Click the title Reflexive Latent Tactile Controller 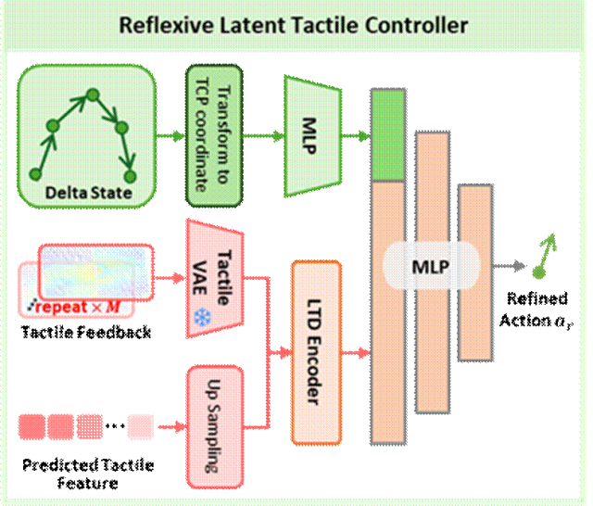[293, 25]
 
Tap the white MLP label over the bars [431, 267]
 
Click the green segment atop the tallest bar [387, 135]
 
